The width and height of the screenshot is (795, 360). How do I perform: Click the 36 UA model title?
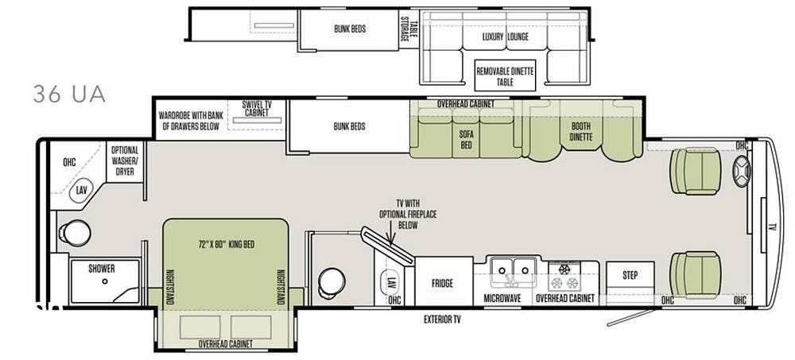[x=69, y=94]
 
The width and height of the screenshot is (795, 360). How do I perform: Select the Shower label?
[x=102, y=269]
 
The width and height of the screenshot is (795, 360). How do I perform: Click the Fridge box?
[x=442, y=282]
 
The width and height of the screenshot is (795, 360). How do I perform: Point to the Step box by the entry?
[x=630, y=276]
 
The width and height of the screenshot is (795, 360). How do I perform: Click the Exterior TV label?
[x=442, y=319]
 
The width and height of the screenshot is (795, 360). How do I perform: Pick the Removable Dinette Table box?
[x=505, y=76]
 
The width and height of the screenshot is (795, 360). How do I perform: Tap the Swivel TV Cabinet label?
[x=257, y=110]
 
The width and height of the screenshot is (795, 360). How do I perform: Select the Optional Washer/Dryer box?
[x=125, y=161]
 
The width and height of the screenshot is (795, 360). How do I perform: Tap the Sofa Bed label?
[x=466, y=140]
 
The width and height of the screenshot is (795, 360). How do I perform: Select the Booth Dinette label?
[x=580, y=131]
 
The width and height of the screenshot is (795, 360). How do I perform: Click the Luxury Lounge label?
[x=505, y=37]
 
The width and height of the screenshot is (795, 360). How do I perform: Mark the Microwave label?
[x=502, y=299]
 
